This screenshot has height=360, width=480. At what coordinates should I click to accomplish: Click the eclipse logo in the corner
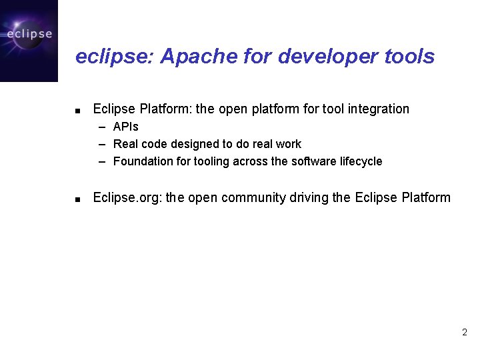(29, 40)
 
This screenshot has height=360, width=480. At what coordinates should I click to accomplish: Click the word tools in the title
(409, 57)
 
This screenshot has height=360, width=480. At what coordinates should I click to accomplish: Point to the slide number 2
(464, 332)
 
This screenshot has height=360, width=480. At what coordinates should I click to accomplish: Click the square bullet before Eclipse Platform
(78, 110)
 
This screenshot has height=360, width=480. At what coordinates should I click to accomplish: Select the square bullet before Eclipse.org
(78, 199)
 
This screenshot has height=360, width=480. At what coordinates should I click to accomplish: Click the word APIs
(126, 127)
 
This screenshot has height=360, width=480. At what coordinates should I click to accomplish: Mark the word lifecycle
(361, 161)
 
